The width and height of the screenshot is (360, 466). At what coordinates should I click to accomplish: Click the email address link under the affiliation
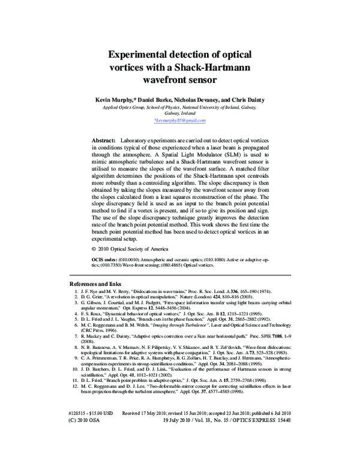179,120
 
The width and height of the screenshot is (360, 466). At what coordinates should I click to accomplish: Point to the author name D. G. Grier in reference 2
93,297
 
